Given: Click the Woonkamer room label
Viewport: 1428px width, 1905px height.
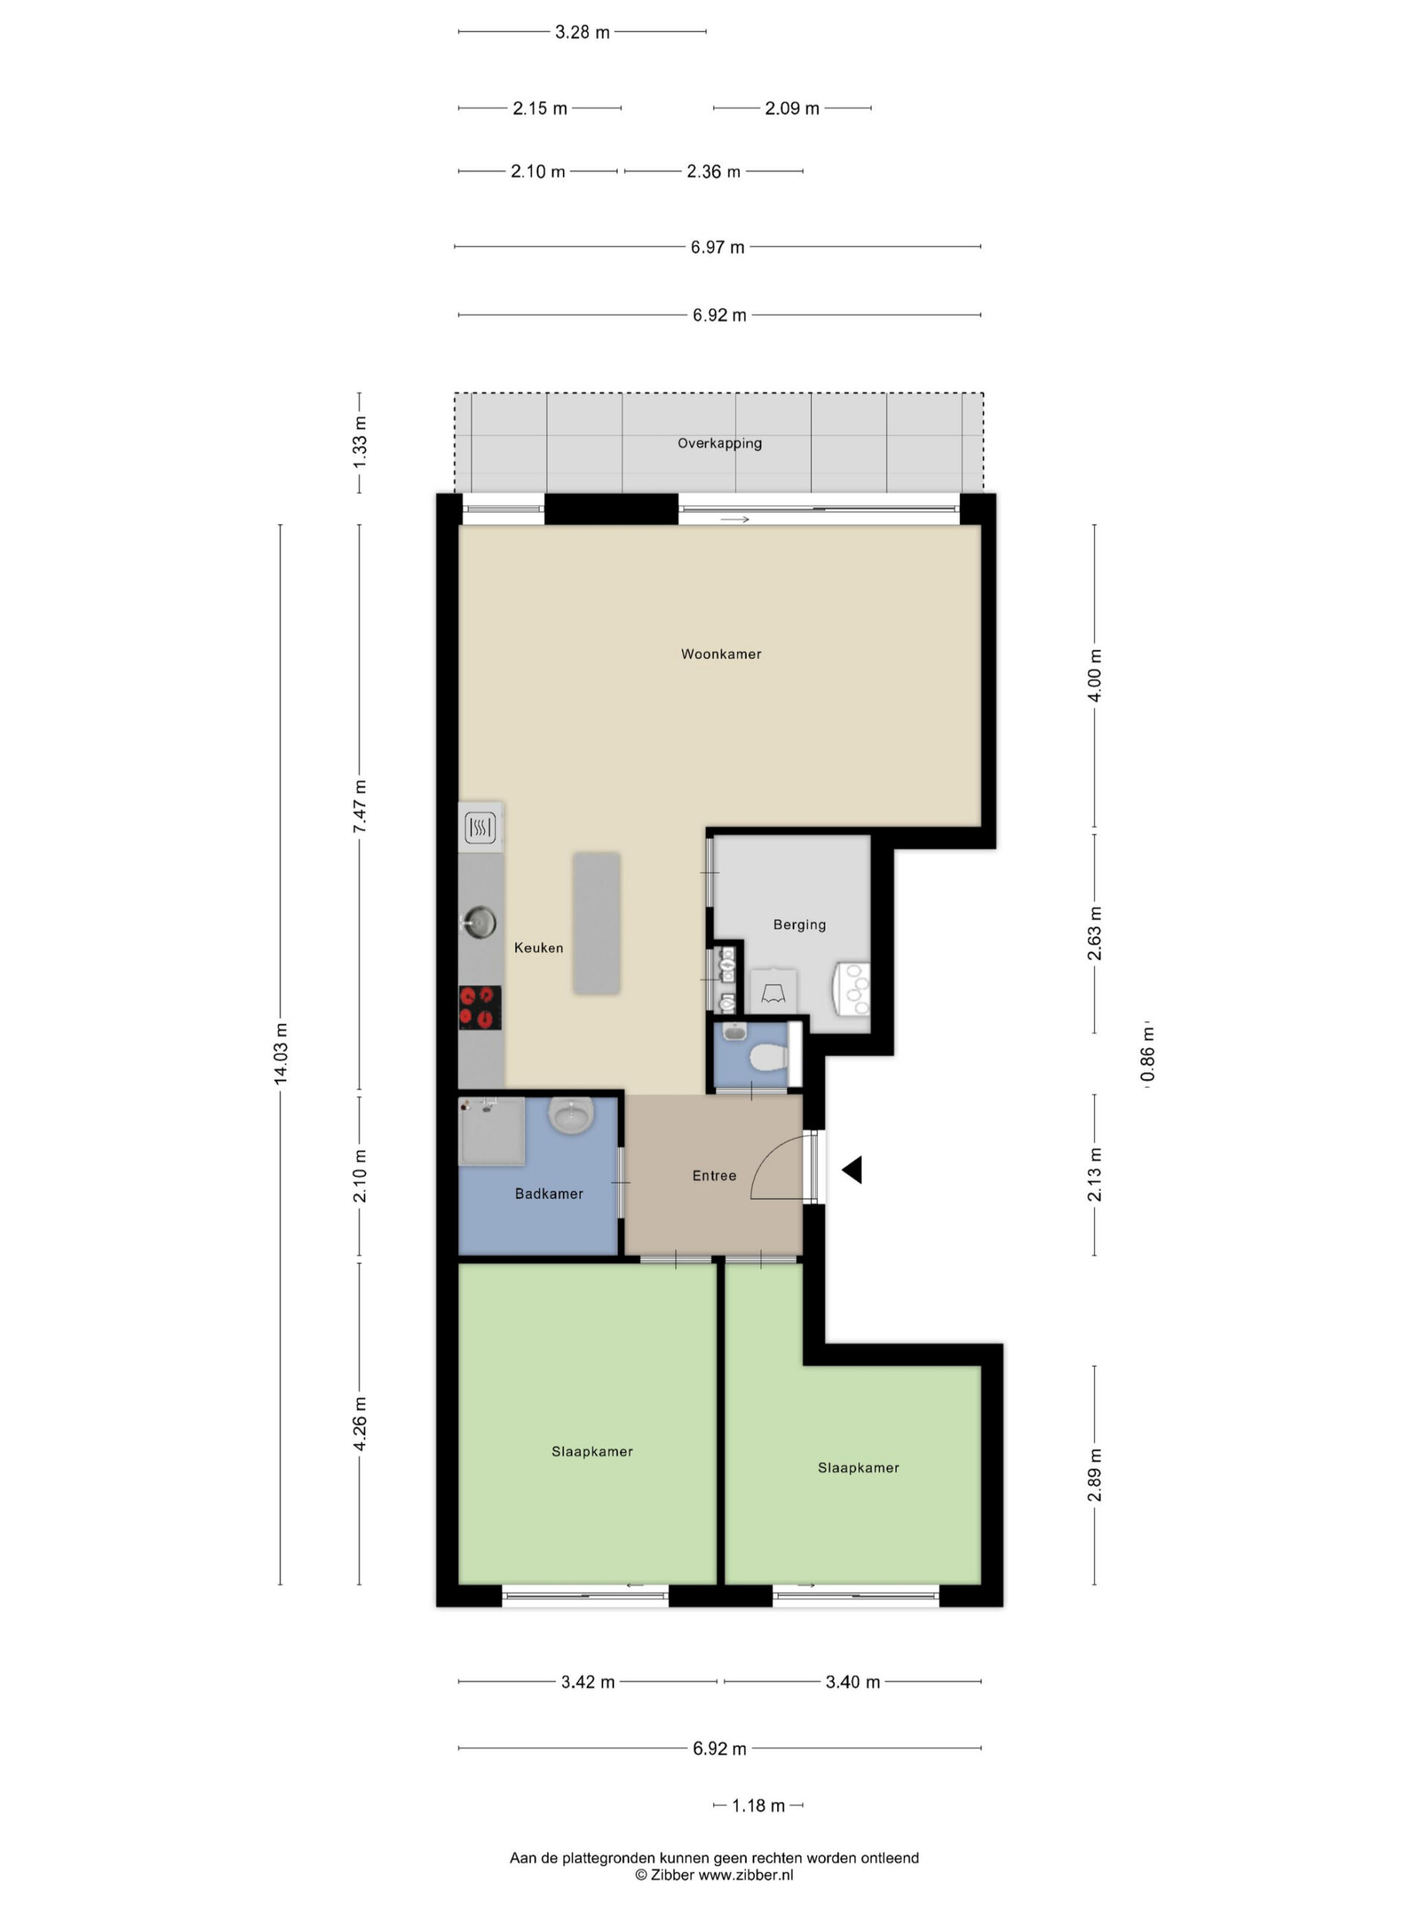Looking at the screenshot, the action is [x=721, y=653].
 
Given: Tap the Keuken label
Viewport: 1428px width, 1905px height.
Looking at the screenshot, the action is [x=538, y=947].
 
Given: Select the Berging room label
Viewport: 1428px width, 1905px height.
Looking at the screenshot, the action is [x=799, y=925].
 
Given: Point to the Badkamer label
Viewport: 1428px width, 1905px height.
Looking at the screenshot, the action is [x=548, y=1194].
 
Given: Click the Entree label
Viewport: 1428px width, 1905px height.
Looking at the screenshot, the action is [x=713, y=1176].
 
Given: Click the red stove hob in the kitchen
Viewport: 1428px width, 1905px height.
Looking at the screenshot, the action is [x=480, y=1008].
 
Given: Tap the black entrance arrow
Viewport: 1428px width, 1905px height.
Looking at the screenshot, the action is [x=852, y=1170].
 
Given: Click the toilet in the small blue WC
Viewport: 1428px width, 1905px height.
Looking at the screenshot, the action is [x=767, y=1057].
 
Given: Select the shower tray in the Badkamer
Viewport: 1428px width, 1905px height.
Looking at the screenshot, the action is [x=492, y=1131].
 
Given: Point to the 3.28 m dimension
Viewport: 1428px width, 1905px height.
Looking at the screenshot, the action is [x=582, y=32].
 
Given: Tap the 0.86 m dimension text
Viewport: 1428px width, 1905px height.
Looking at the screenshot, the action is [x=1148, y=1055].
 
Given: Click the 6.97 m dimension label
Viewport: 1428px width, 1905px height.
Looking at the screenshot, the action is [x=717, y=247].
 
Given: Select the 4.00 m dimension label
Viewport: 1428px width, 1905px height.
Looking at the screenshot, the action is [x=1095, y=675].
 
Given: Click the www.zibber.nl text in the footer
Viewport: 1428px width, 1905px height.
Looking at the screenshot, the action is [x=745, y=1874].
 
